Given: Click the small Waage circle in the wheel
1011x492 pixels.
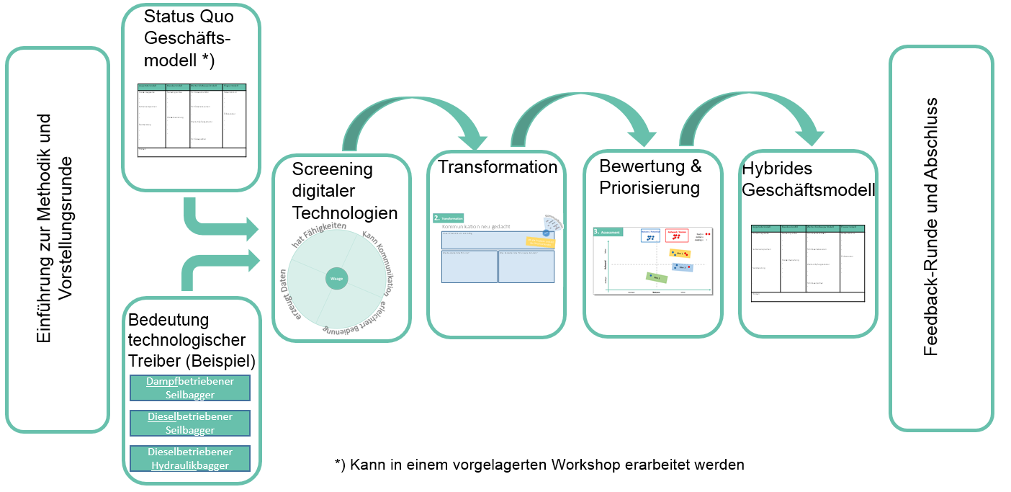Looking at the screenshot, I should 336,277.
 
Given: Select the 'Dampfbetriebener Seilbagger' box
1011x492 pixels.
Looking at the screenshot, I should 190,388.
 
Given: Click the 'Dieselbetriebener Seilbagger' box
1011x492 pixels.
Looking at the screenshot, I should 190,423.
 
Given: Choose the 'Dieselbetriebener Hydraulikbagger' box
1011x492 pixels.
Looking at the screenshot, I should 190,458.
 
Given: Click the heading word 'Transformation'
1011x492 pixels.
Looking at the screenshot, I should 498,167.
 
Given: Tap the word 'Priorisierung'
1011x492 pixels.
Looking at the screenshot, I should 650,188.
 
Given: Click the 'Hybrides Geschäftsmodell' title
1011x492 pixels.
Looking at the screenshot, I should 808,179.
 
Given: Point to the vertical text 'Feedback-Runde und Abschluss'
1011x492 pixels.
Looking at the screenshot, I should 931,227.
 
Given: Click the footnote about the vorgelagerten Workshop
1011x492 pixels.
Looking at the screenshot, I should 539,465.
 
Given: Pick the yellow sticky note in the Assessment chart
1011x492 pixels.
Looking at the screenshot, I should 680,253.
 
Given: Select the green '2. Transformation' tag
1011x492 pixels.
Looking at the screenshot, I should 448,218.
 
